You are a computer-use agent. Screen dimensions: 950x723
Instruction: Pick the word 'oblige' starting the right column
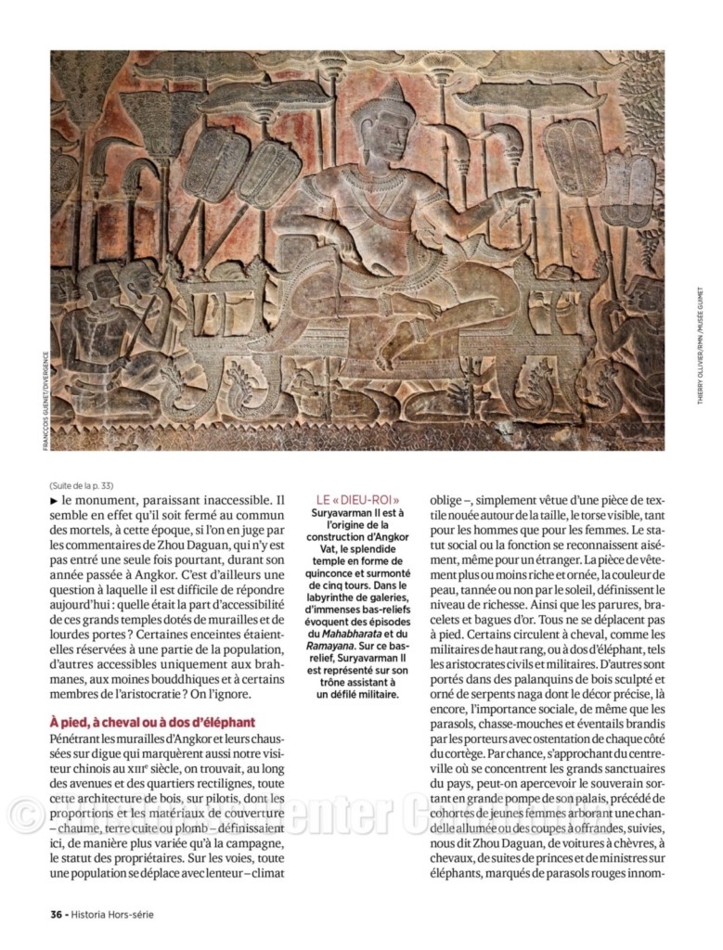448,499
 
